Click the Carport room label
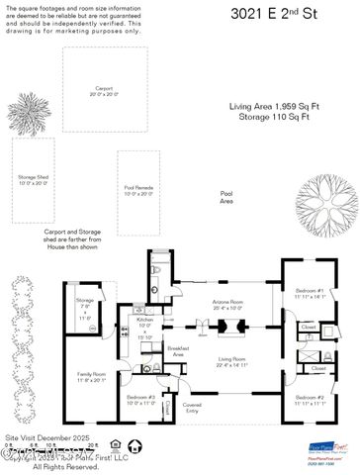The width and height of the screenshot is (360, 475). click(97, 87)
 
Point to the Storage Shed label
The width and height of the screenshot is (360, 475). click(33, 179)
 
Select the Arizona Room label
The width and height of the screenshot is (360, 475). click(228, 304)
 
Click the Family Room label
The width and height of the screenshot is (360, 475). click(92, 376)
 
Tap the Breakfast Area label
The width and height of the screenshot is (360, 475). click(179, 350)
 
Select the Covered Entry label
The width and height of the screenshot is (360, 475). click(190, 407)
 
